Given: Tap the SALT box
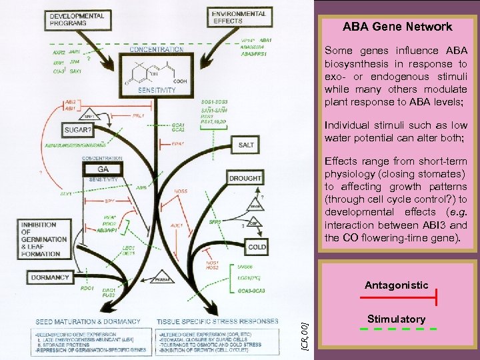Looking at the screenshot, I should (245, 145).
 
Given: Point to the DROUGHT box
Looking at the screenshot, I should (246, 179).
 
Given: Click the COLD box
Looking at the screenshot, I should (257, 247).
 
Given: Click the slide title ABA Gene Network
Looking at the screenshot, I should (397, 27).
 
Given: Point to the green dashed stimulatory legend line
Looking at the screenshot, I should (397, 329).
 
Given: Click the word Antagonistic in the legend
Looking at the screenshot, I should (396, 285).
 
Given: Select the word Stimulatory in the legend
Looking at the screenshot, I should (396, 319).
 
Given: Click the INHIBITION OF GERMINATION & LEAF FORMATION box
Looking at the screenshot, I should (53, 239).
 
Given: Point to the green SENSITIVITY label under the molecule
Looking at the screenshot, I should (157, 89).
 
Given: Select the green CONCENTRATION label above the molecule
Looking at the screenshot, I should (157, 49).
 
